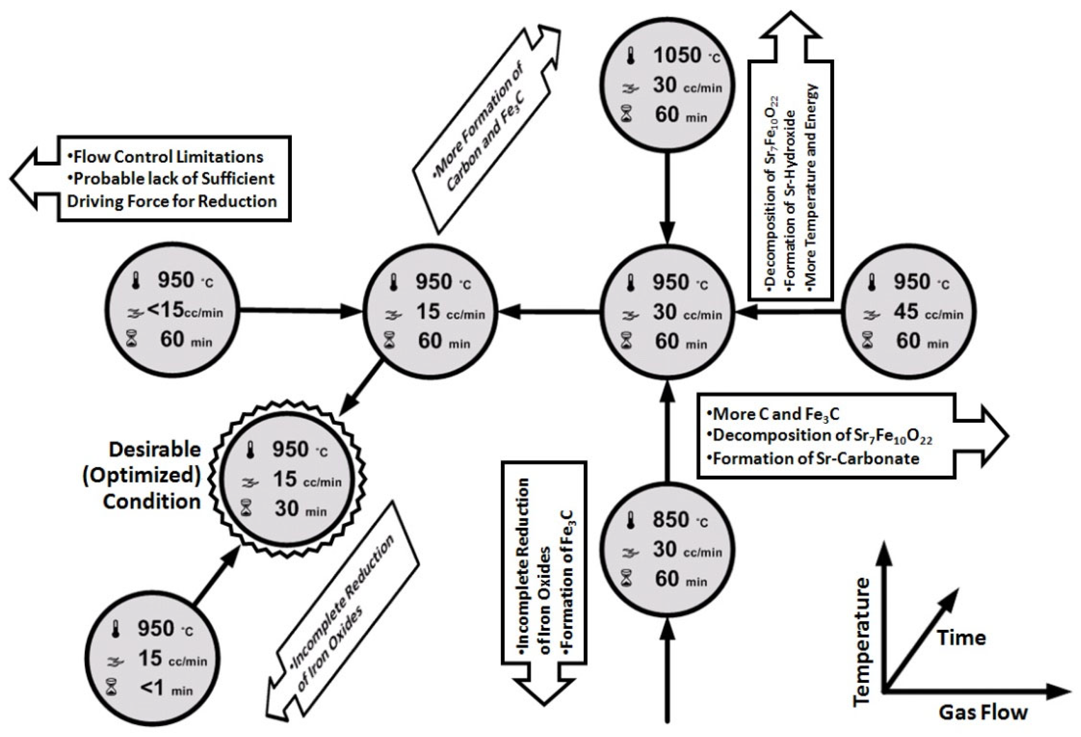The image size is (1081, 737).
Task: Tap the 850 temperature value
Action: tap(670, 519)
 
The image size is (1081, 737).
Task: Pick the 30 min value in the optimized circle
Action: tap(286, 509)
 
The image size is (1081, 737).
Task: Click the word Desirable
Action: tap(155, 450)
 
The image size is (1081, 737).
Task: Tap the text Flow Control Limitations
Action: tap(168, 157)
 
